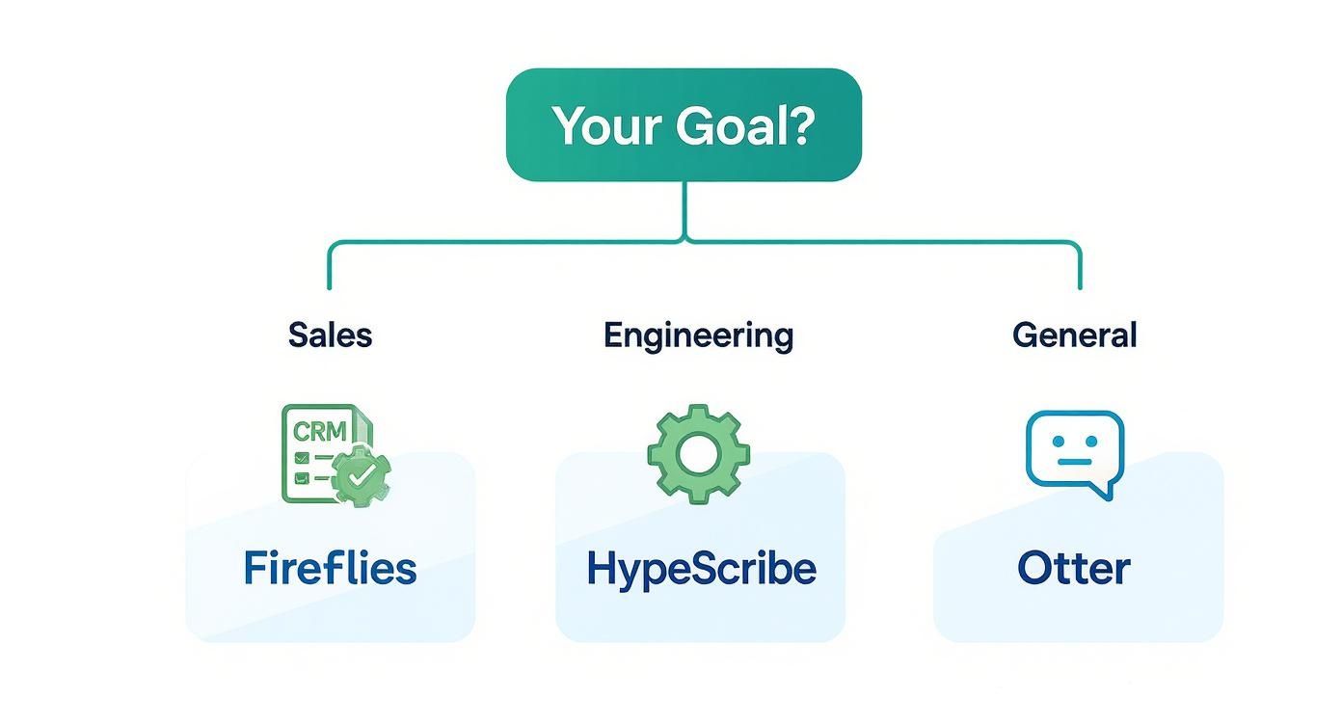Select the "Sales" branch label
(330, 336)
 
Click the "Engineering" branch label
(698, 336)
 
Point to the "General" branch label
(1074, 336)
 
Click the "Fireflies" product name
(330, 568)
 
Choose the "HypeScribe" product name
(701, 569)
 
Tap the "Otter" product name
(1073, 568)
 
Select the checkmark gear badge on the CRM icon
(362, 474)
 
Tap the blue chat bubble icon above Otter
(1074, 450)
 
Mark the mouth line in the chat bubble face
(1074, 462)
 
